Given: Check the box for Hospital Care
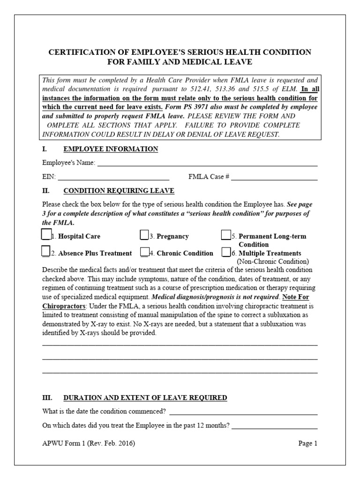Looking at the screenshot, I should click(46, 234).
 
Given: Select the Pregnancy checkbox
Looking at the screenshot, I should click(144, 234).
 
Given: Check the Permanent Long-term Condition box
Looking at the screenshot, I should click(226, 234).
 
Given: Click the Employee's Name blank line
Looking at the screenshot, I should click(207, 164).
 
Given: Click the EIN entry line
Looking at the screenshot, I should click(113, 178).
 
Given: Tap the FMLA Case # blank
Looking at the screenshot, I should click(274, 178).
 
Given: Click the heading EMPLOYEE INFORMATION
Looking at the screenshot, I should click(111, 149).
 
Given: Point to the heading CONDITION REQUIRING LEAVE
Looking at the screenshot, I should click(119, 191).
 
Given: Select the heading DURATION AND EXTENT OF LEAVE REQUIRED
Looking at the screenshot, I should click(145, 397).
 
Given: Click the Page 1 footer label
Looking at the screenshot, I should click(308, 443).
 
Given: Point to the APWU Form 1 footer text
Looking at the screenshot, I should click(89, 443).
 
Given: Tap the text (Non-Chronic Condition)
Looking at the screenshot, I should click(273, 262).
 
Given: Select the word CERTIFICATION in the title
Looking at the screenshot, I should click(81, 52).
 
